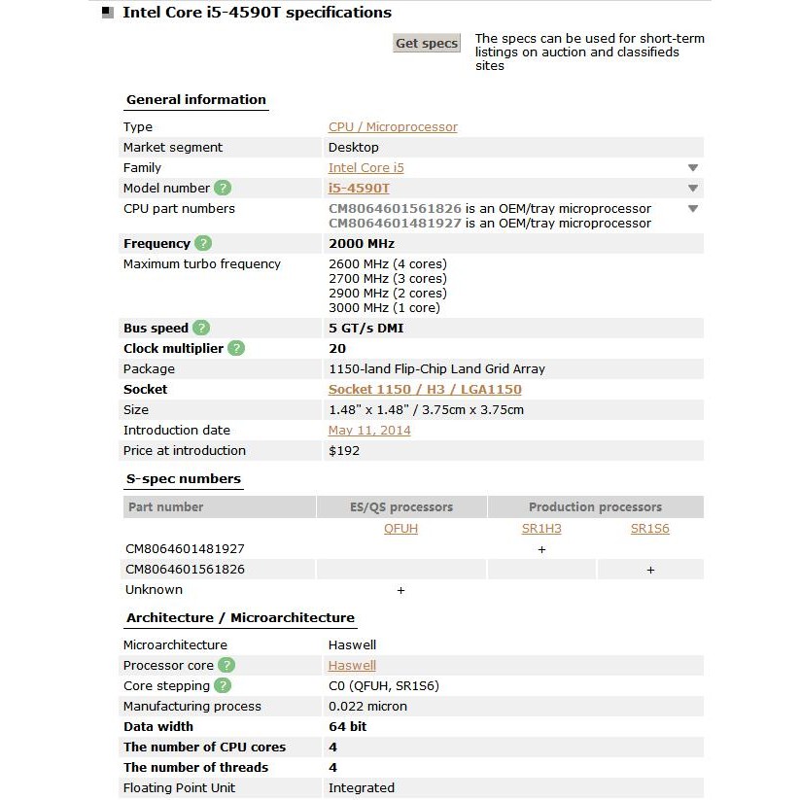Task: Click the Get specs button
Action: (x=427, y=44)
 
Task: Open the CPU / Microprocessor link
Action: (x=393, y=127)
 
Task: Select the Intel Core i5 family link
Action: (x=365, y=168)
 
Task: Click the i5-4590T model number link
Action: (x=359, y=189)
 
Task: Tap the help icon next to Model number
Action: (x=223, y=189)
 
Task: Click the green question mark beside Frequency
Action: (x=203, y=244)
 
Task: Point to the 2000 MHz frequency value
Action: (x=362, y=244)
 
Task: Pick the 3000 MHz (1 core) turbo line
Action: (x=384, y=308)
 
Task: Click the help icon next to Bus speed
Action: (x=201, y=329)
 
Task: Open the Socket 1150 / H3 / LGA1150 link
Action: (x=425, y=390)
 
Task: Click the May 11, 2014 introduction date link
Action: (x=369, y=431)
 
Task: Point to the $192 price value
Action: (x=343, y=451)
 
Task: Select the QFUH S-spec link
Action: (x=401, y=530)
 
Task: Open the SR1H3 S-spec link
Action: (x=541, y=530)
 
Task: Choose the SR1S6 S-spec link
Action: (x=650, y=530)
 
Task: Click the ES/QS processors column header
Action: (x=401, y=507)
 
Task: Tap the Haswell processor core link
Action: (x=352, y=666)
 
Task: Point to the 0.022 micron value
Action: (x=367, y=707)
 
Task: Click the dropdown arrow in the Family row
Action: (x=693, y=168)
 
